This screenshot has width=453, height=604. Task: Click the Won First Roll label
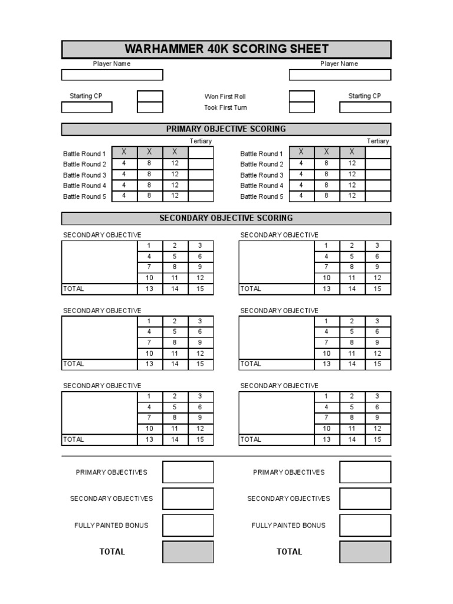click(x=225, y=97)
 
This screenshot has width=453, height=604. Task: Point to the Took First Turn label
click(x=225, y=107)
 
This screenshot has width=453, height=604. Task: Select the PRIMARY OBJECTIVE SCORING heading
click(x=226, y=129)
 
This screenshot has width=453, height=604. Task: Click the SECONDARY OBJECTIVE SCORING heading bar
click(x=226, y=218)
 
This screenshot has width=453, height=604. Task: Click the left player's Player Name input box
click(x=112, y=75)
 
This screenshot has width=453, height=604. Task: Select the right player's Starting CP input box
click(x=365, y=107)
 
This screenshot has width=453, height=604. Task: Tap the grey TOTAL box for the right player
click(x=365, y=552)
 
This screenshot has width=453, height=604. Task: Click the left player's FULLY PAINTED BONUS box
click(x=188, y=525)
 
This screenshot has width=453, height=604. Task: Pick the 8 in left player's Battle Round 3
click(x=149, y=175)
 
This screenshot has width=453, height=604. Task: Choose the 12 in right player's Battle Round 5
click(x=352, y=196)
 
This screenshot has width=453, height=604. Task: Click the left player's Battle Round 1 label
click(x=85, y=153)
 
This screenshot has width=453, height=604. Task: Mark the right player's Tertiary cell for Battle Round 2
click(x=378, y=164)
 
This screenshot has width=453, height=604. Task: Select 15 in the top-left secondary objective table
click(x=201, y=289)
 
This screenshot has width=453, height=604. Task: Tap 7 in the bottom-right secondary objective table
click(x=327, y=418)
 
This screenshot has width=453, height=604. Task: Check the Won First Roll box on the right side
click(x=301, y=97)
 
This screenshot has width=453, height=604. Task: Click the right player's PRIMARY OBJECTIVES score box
click(x=365, y=472)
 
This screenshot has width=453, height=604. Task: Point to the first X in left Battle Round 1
click(x=124, y=153)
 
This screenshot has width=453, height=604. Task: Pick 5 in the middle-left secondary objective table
click(x=175, y=331)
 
